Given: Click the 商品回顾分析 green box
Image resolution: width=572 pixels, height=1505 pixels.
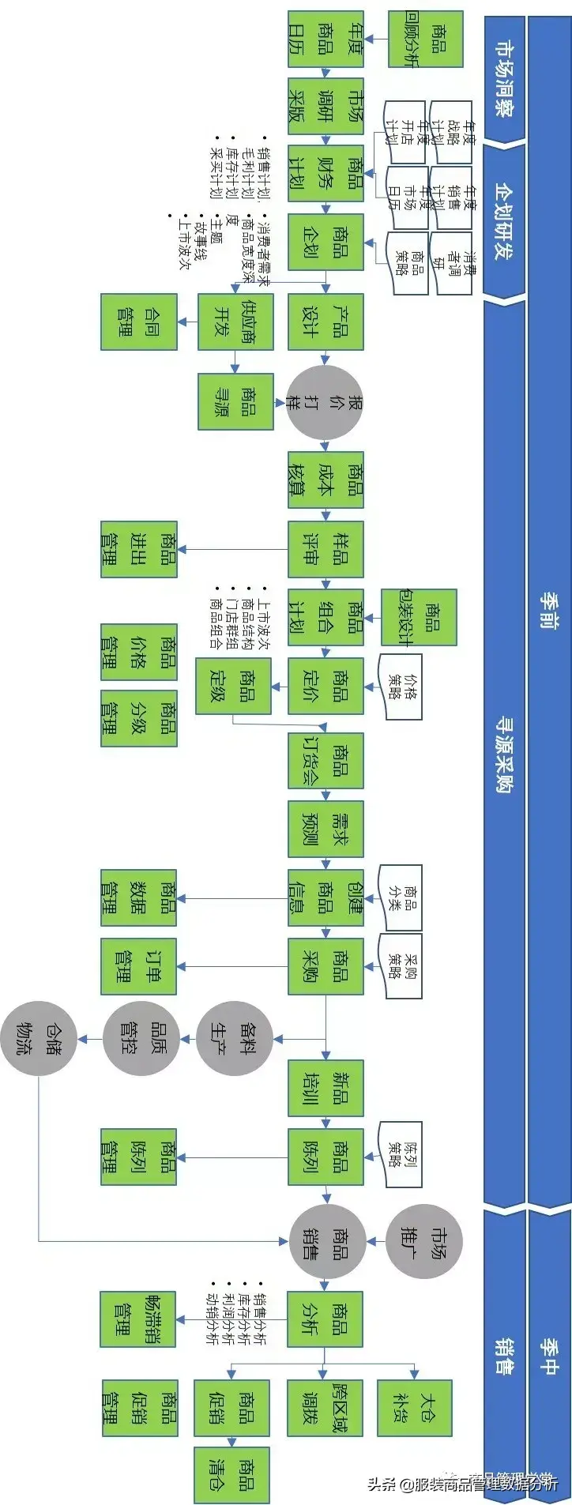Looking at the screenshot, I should point(426,38).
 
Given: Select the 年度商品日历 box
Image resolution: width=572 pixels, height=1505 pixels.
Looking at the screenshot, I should point(326,38).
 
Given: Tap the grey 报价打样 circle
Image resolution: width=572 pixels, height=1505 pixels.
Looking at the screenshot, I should point(324,402).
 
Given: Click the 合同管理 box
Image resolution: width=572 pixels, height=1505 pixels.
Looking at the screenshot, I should point(138,322).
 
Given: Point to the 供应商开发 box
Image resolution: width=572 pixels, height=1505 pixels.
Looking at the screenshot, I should point(235,322).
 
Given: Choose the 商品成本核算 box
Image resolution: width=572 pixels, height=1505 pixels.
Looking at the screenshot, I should point(326,479).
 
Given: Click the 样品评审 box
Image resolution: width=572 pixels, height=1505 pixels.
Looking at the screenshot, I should point(326,548).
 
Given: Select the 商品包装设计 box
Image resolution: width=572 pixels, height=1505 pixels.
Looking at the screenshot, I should point(419,617).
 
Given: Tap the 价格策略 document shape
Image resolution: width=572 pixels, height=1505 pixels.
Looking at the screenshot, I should point(401,686).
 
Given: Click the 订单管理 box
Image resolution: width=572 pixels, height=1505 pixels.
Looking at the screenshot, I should point(138,966).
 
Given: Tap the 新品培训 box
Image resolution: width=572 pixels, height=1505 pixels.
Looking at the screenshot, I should point(326,1088).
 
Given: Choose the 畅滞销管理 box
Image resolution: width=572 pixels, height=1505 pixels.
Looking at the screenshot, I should point(138,1319).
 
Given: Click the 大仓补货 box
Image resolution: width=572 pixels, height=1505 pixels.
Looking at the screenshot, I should point(415,1408).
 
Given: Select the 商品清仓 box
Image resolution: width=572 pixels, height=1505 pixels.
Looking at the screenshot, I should point(232,1475).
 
